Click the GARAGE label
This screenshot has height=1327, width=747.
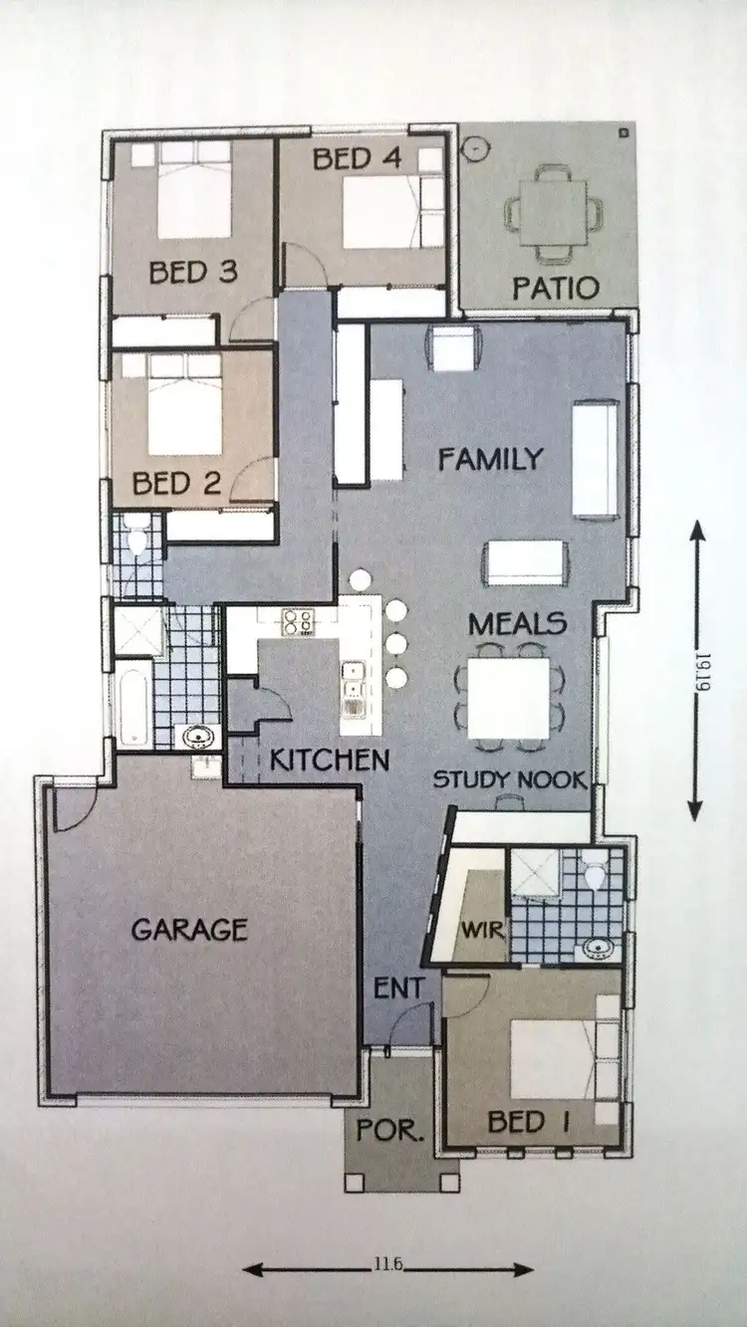(189, 930)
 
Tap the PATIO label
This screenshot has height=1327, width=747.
(556, 289)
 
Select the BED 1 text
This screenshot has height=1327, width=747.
(528, 1122)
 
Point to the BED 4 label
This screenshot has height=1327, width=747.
(357, 157)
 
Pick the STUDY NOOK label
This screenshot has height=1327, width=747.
(509, 779)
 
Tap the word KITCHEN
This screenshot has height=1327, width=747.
(330, 761)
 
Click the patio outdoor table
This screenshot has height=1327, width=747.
(554, 212)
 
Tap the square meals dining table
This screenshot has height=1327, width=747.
(508, 690)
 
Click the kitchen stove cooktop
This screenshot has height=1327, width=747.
(298, 622)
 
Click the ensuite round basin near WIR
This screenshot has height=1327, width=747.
(598, 947)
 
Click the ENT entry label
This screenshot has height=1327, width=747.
(399, 989)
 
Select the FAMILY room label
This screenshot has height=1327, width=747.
(491, 459)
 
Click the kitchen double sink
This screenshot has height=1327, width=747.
(354, 680)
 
